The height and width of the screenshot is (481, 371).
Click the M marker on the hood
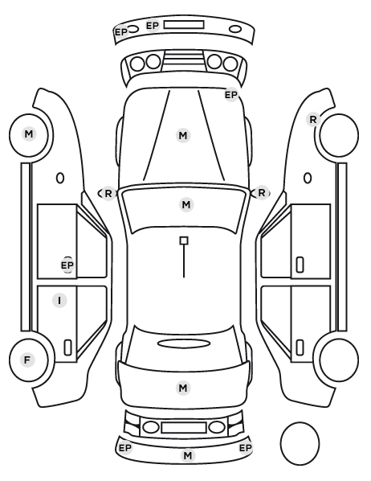pyautogui.click(x=183, y=135)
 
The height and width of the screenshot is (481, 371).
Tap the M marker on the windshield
pyautogui.click(x=186, y=204)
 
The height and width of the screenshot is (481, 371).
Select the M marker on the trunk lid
pyautogui.click(x=183, y=388)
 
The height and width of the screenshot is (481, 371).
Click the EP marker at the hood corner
pyautogui.click(x=231, y=95)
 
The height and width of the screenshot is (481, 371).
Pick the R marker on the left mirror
pyautogui.click(x=108, y=194)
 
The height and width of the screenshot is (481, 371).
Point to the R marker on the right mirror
pyautogui.click(x=261, y=193)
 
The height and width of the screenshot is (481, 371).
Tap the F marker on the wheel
pyautogui.click(x=27, y=360)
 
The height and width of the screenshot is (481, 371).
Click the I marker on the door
pyautogui.click(x=59, y=300)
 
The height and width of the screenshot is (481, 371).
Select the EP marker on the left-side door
pyautogui.click(x=67, y=265)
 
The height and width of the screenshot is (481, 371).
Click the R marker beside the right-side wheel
pyautogui.click(x=313, y=119)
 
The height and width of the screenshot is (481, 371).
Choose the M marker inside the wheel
pyautogui.click(x=28, y=134)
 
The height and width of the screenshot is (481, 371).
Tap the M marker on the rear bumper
pyautogui.click(x=188, y=455)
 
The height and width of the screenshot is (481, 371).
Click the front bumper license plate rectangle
pyautogui.click(x=184, y=25)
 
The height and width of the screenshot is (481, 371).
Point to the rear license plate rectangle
pyautogui.click(x=184, y=427)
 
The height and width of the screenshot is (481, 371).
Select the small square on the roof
pyautogui.click(x=184, y=240)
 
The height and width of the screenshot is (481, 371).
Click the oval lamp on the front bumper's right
pyautogui.click(x=235, y=30)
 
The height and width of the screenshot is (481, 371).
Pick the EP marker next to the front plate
pyautogui.click(x=153, y=26)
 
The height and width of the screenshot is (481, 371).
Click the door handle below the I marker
pyautogui.click(x=67, y=347)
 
